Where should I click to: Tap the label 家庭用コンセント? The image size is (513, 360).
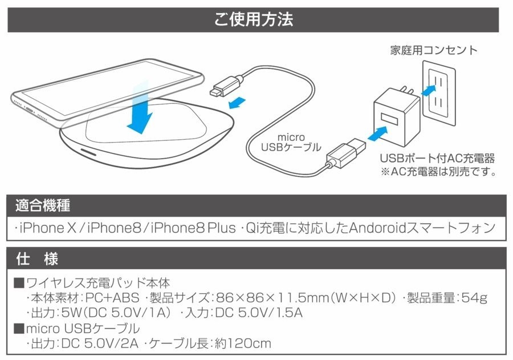coord(434,50)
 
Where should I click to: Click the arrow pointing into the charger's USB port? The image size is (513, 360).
coord(377,135)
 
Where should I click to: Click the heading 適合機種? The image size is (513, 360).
coord(43,205)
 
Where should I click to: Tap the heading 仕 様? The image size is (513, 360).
coord(38,258)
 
